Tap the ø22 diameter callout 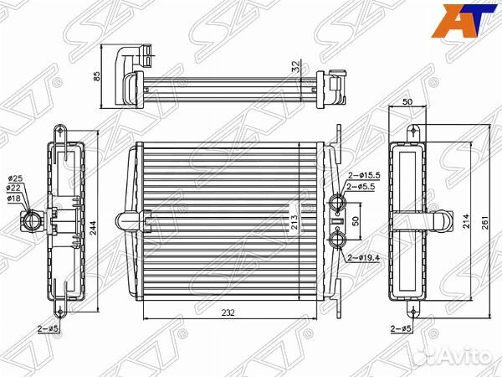[x=14, y=189]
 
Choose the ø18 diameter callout [x=14, y=199]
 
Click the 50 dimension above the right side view [x=407, y=101]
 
